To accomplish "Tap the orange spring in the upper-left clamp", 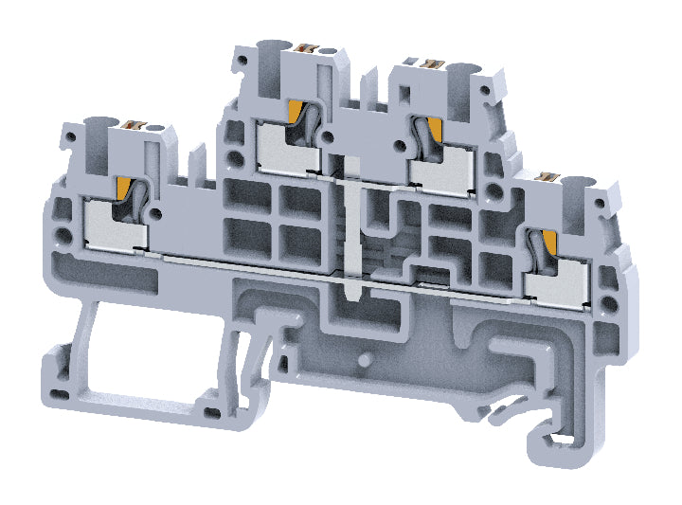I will (x=297, y=115).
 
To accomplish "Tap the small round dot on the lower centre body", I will (x=365, y=360).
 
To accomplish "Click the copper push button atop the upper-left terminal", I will (x=306, y=46).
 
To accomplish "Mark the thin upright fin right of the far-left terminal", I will (x=195, y=161).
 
